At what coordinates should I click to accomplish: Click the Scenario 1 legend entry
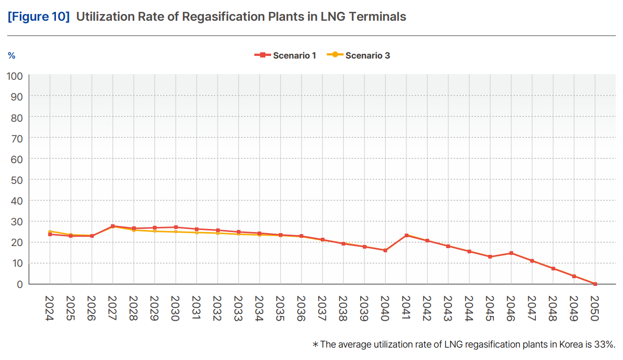(x=285, y=55)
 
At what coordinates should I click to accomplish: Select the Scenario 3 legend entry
(x=361, y=55)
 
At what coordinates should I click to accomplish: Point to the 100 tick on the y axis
(x=15, y=76)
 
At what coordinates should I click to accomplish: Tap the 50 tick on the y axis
(x=17, y=180)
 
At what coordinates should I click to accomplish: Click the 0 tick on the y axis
(x=20, y=284)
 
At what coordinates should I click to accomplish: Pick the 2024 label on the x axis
(x=50, y=308)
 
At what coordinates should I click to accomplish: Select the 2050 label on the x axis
(x=595, y=308)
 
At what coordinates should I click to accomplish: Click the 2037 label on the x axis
(x=322, y=308)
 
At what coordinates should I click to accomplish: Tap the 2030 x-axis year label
(x=176, y=308)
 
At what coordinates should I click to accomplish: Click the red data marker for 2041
(x=406, y=236)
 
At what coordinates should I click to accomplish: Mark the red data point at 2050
(x=595, y=284)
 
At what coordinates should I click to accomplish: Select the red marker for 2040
(x=385, y=250)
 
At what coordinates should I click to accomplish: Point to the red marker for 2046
(x=511, y=253)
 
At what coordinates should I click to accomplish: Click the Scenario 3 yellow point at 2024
(x=50, y=232)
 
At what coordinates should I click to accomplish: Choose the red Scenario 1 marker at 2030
(x=176, y=227)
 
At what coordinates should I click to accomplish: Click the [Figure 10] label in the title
(x=38, y=17)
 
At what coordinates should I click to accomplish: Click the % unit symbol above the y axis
(x=11, y=55)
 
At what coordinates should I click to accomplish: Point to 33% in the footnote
(x=605, y=344)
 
